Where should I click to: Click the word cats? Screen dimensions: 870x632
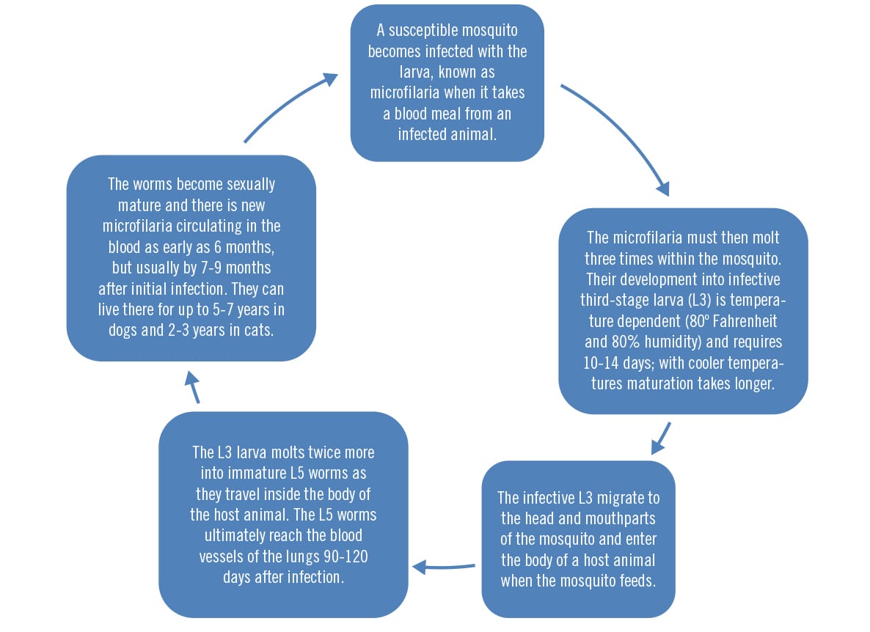259,331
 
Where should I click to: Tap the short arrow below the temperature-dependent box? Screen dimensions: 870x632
662,438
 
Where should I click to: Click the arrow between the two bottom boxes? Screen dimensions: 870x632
444,567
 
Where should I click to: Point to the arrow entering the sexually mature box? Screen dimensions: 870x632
192,386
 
